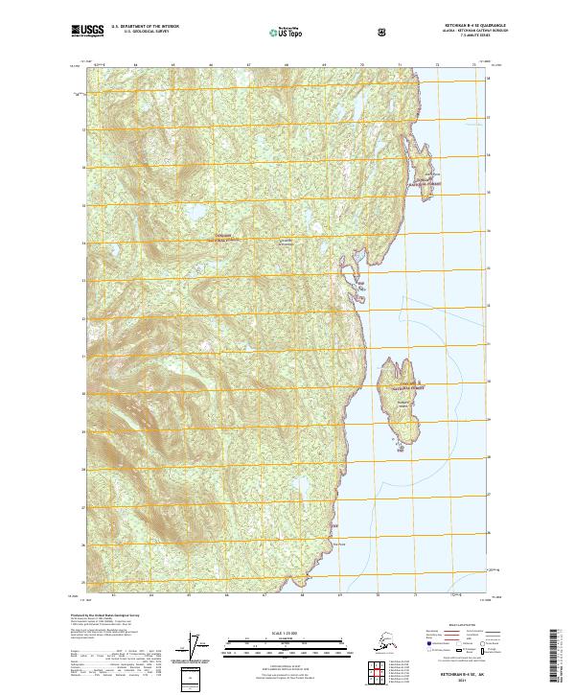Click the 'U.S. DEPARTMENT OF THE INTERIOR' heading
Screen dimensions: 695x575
(144, 27)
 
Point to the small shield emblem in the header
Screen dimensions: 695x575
(382, 32)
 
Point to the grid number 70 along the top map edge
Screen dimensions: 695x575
(361, 65)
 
